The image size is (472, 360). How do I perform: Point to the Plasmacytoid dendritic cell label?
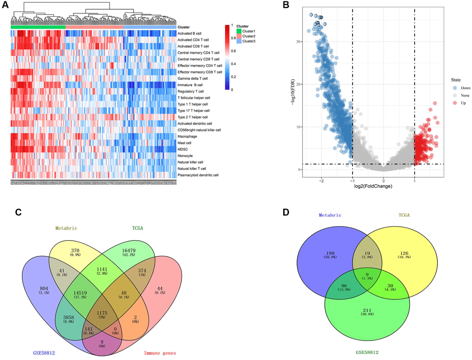[x=199, y=175]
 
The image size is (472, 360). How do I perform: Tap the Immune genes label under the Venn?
[x=156, y=354]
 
